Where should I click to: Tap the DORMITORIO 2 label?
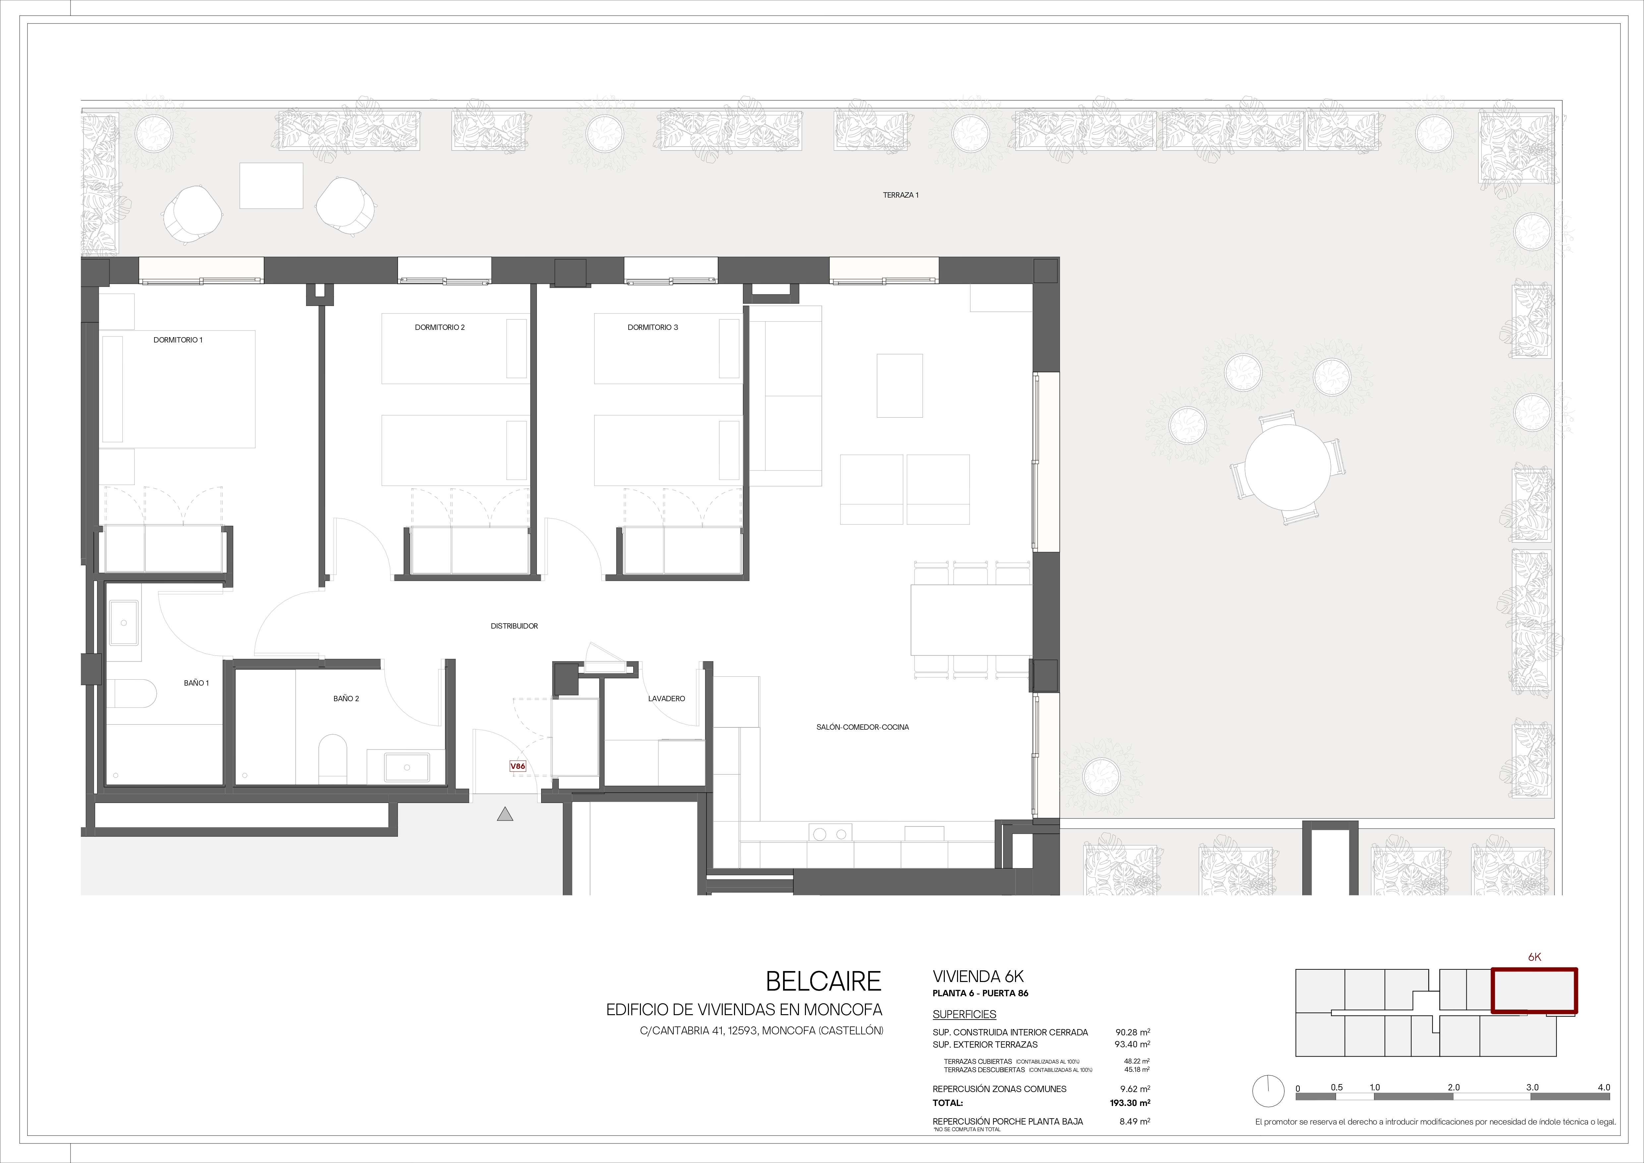point(440,327)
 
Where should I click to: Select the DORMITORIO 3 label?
point(652,327)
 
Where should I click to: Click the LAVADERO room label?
point(667,698)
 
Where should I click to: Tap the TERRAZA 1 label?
point(901,195)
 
